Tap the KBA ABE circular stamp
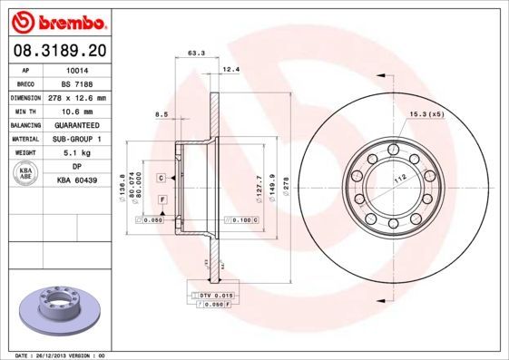[x=27, y=173]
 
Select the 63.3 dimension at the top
[x=194, y=54]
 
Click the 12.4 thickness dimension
[x=230, y=69]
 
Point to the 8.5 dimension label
[x=163, y=113]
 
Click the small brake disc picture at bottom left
[x=56, y=309]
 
